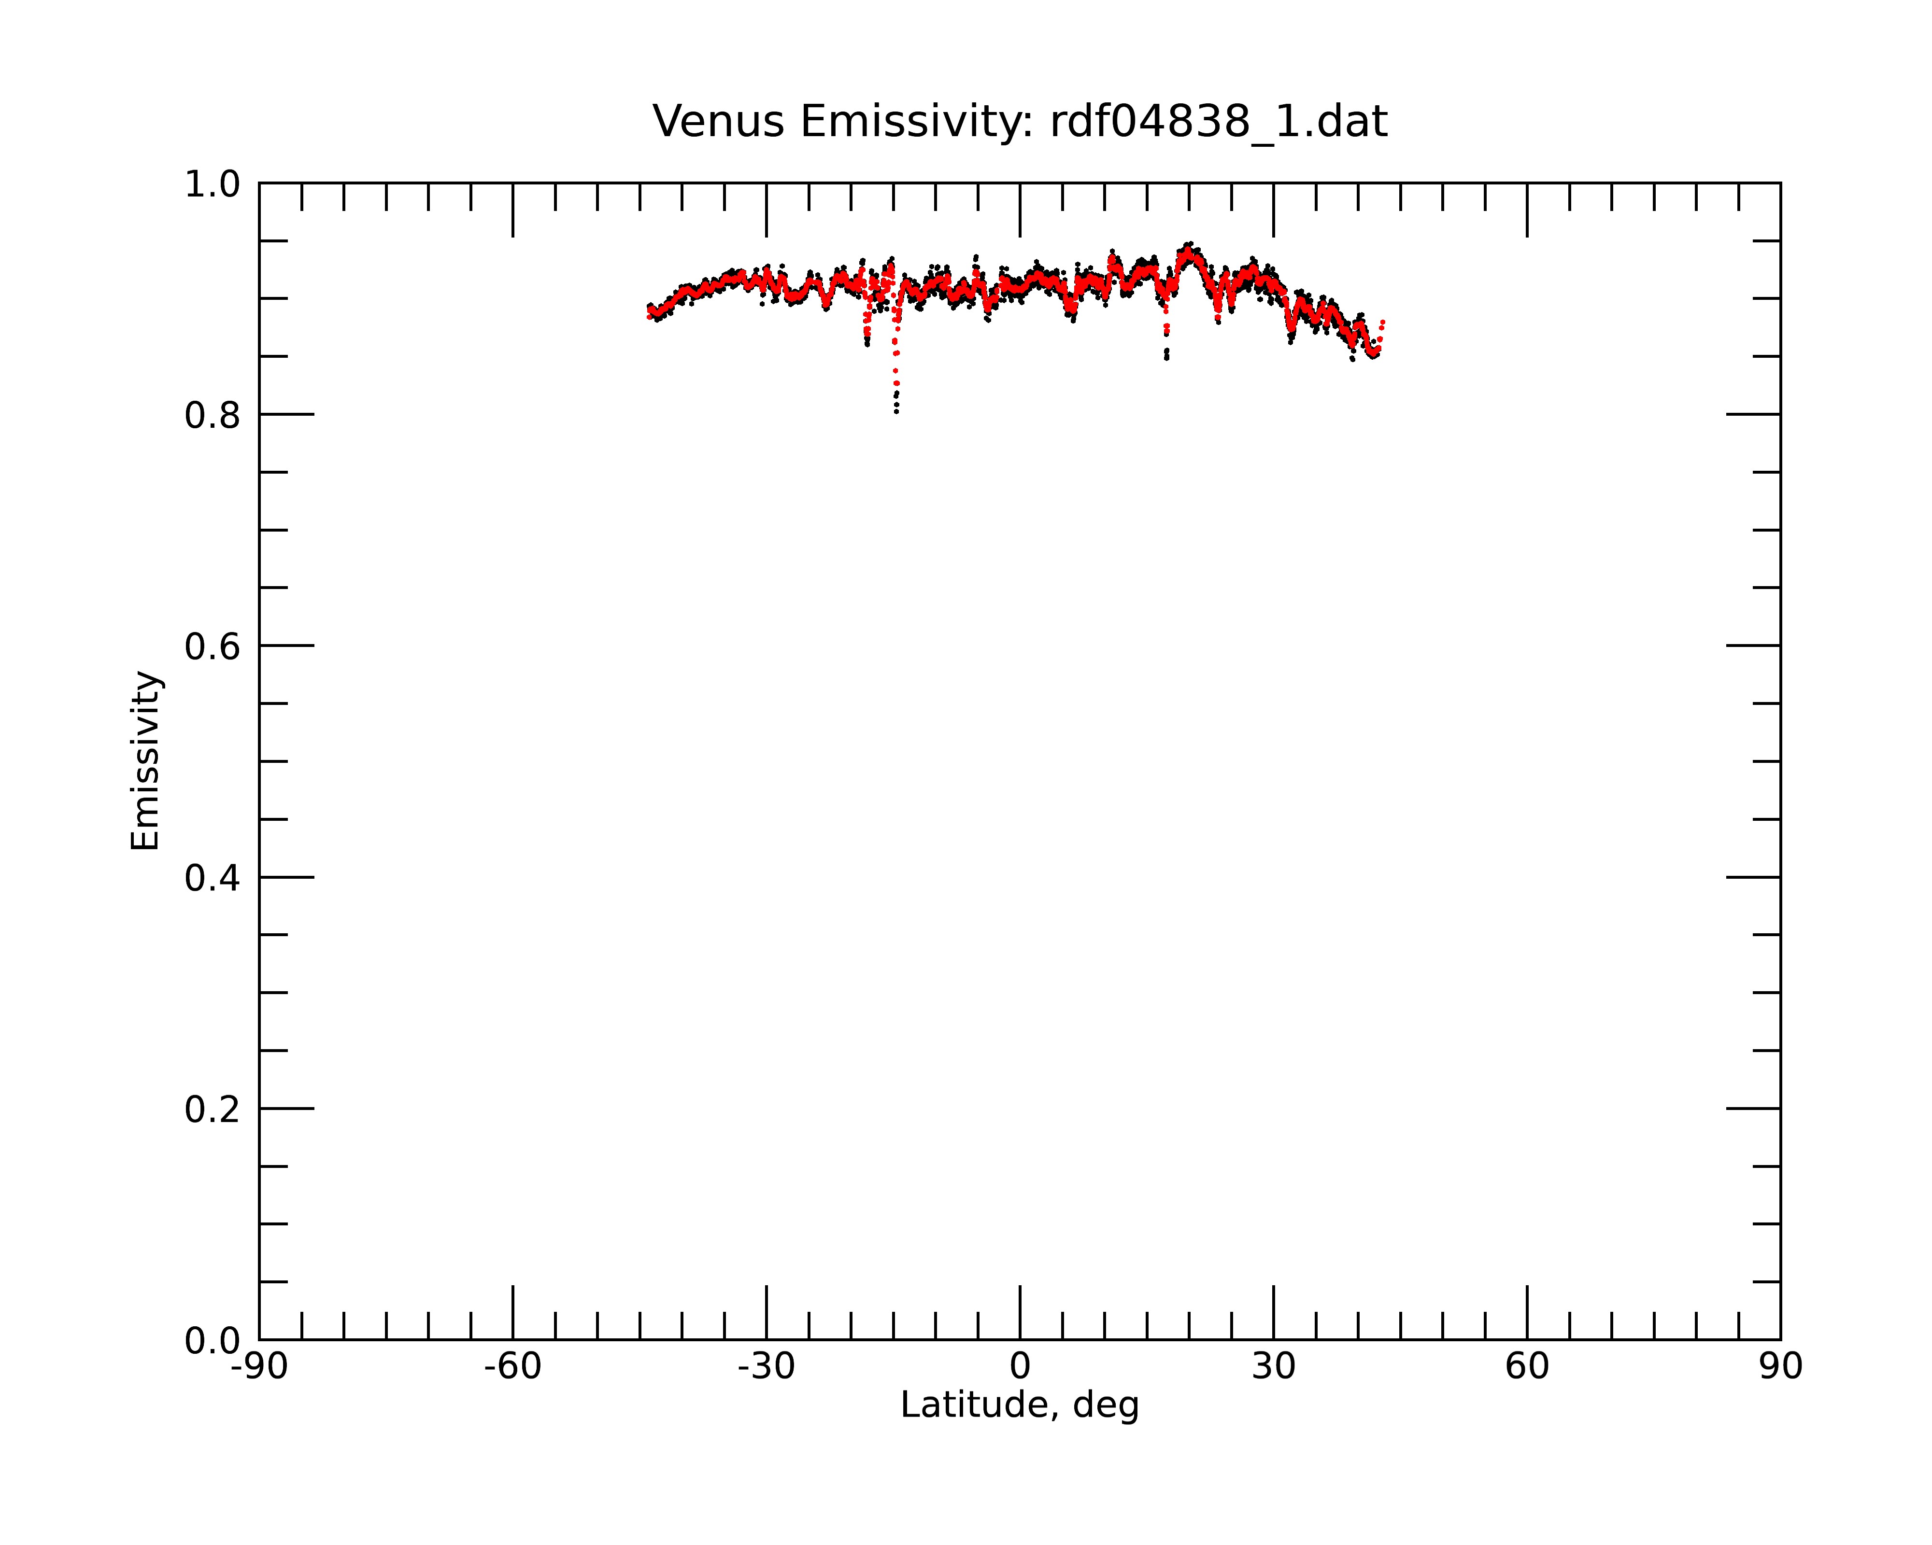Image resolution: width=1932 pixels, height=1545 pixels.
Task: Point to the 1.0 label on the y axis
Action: [x=213, y=184]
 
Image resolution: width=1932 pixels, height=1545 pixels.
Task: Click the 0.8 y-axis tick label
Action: [x=213, y=415]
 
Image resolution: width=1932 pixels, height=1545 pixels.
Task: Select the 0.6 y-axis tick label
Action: [x=213, y=646]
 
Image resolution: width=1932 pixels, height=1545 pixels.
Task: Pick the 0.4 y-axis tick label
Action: [x=213, y=878]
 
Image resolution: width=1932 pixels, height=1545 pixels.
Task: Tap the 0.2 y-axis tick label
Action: [x=213, y=1109]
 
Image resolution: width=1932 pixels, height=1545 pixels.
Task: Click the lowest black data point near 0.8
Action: [x=896, y=412]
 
